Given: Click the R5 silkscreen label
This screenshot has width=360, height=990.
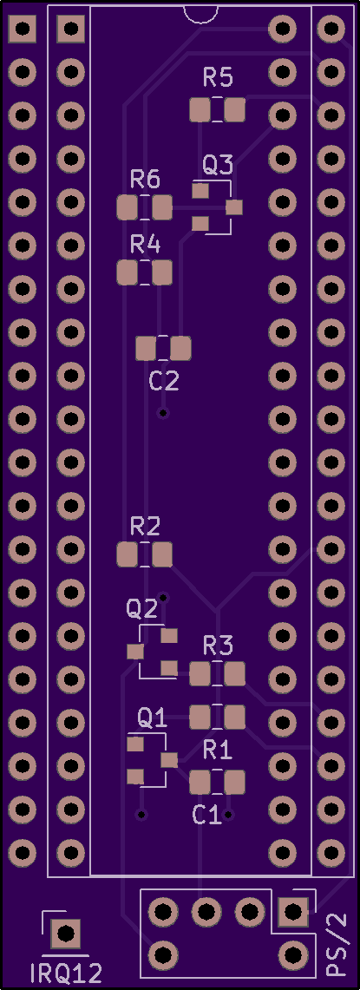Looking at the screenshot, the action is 218,78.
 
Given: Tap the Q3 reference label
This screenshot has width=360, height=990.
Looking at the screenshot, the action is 218,166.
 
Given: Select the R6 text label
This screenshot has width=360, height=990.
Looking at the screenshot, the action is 145,180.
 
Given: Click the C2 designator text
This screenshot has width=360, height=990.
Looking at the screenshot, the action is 164,381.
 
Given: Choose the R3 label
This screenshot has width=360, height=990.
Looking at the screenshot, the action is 218,645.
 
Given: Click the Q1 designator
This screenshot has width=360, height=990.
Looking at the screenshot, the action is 152,718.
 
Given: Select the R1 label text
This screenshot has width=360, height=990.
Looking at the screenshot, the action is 218,750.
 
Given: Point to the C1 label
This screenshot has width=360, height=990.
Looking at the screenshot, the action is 207,815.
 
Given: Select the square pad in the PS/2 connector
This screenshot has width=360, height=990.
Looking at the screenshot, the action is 292,911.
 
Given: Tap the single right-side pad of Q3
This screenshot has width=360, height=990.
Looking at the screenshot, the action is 234,207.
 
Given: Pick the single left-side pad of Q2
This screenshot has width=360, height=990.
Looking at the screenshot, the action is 134,652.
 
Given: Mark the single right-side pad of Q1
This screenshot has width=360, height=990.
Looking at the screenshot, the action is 168,759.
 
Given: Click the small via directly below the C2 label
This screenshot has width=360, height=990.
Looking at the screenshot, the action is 164,413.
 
